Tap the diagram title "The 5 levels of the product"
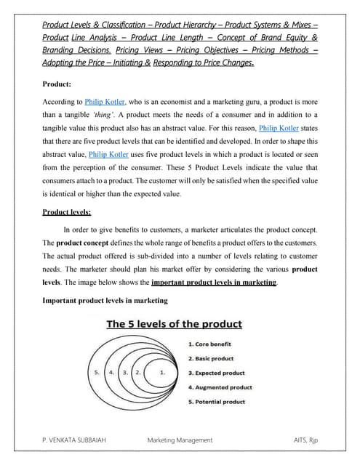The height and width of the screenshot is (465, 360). click(x=175, y=324)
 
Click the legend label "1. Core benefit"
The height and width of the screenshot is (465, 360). click(x=212, y=344)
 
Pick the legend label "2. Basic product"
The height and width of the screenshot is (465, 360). click(x=211, y=358)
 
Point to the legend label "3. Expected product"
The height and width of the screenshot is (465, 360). click(x=217, y=373)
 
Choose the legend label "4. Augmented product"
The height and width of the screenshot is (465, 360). click(x=220, y=387)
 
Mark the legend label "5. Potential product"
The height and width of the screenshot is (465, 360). click(x=217, y=402)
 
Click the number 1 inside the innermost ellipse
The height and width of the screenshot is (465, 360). click(x=163, y=372)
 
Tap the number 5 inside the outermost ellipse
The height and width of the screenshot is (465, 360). click(x=97, y=372)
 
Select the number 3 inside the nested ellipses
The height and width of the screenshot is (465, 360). click(x=125, y=372)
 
